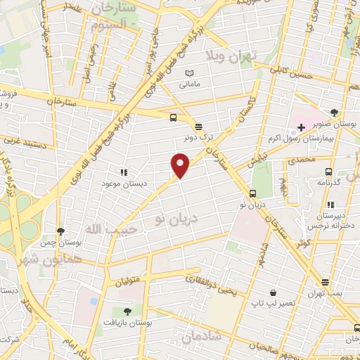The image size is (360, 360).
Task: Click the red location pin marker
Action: [x=181, y=166]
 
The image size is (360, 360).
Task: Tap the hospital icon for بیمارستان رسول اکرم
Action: [x=301, y=127]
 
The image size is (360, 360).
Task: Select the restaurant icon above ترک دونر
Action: [x=199, y=127]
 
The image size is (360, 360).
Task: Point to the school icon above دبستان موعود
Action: [x=124, y=172]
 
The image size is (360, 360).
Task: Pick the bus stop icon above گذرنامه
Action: [x=328, y=171]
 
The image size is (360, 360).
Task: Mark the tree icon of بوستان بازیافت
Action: [x=127, y=311]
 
